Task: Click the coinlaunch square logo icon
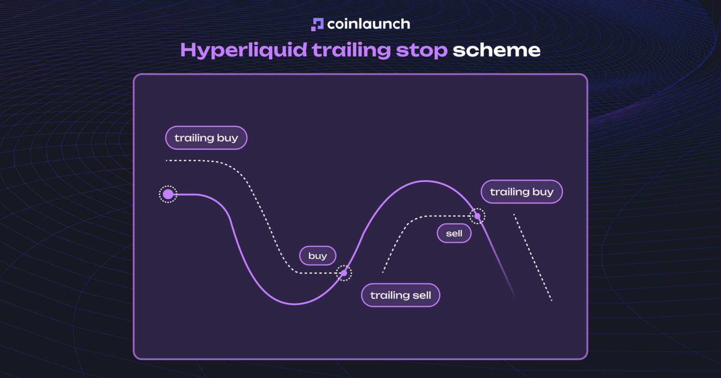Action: click(317, 24)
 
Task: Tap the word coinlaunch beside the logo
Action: click(369, 24)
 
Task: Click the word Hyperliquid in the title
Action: click(244, 50)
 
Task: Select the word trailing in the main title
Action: click(351, 50)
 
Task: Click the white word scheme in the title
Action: click(496, 50)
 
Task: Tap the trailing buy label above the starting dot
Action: click(206, 138)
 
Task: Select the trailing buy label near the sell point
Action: click(522, 192)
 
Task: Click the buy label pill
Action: click(318, 256)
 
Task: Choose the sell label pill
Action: click(454, 234)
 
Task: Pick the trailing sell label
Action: click(401, 295)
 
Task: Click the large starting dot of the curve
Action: click(168, 194)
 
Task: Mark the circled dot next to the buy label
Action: click(344, 273)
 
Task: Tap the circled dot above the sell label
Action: click(477, 216)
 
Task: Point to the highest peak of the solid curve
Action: click(425, 181)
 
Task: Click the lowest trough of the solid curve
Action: click(295, 304)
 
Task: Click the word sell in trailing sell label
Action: click(421, 295)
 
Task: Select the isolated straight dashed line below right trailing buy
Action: click(533, 257)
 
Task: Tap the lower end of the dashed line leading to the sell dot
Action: click(383, 273)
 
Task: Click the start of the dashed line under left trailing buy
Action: click(166, 160)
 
